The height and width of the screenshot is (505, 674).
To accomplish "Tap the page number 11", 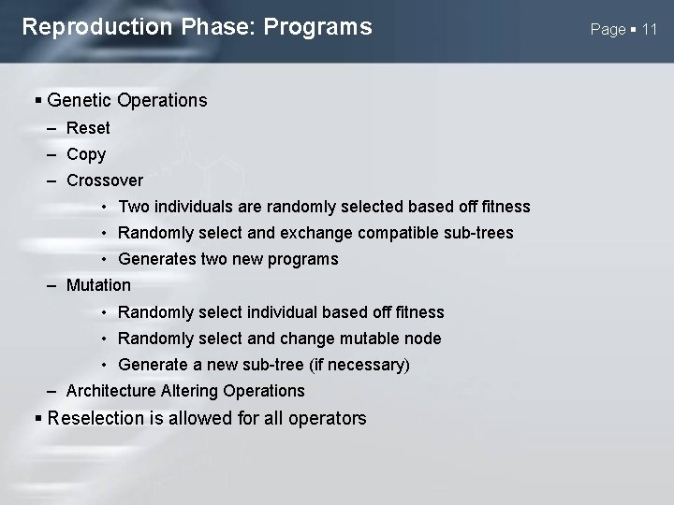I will (x=649, y=29).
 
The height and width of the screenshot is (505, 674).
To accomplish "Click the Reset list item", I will (x=88, y=128).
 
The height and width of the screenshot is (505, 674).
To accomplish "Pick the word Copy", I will (x=86, y=154).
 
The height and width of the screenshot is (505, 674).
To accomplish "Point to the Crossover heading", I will (x=105, y=180).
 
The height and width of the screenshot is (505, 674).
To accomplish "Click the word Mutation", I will (x=98, y=285).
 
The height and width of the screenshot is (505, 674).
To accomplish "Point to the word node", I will (x=422, y=339).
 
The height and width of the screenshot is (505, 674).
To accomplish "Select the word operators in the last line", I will (x=328, y=418).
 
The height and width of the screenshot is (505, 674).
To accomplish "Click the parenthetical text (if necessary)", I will (x=354, y=365).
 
